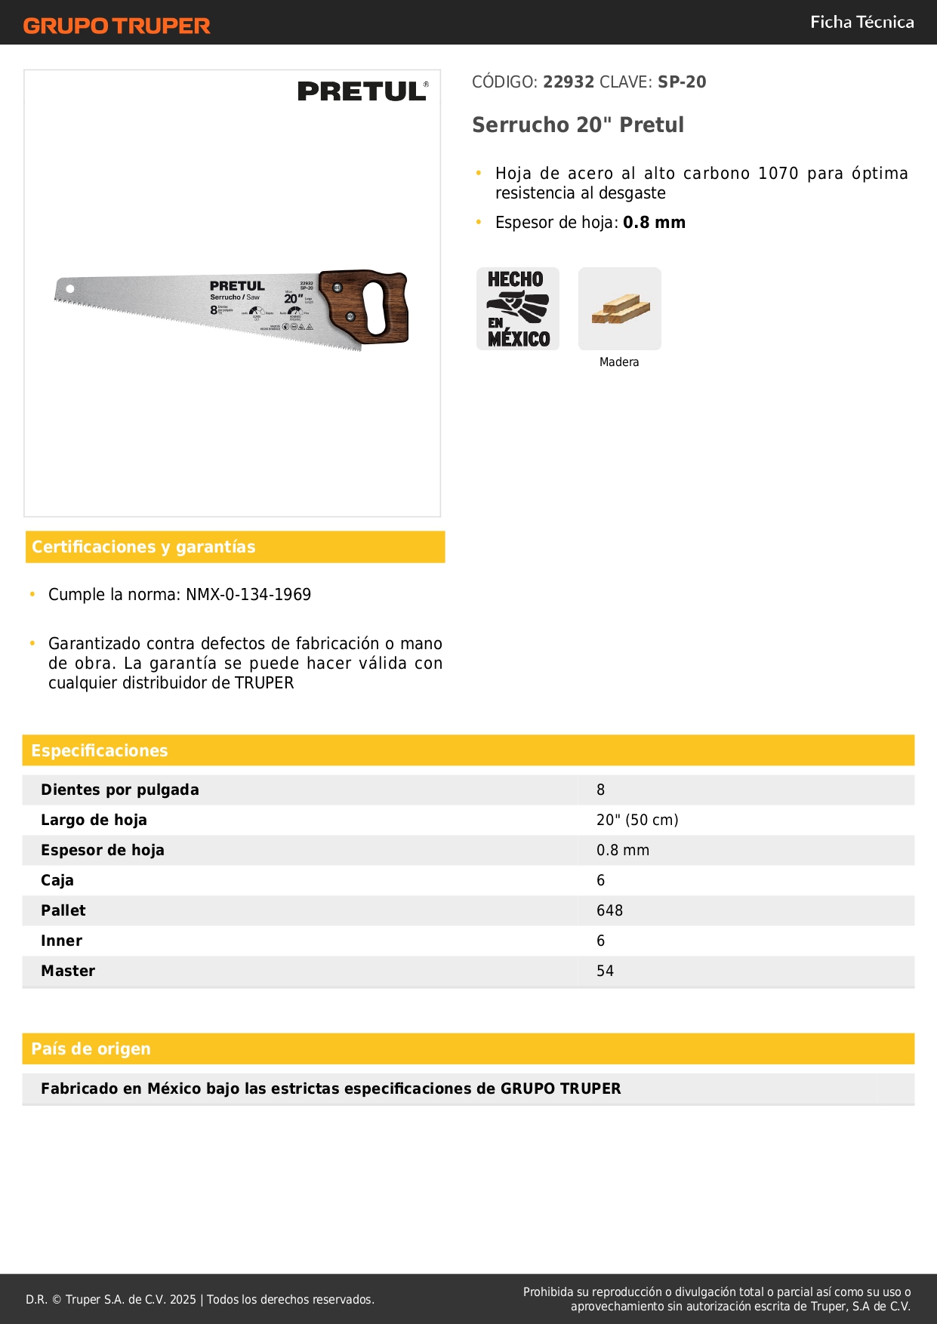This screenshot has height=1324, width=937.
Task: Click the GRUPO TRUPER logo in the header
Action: click(117, 26)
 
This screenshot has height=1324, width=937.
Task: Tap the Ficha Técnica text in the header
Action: click(861, 22)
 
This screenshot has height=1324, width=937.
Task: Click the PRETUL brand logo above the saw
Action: click(362, 91)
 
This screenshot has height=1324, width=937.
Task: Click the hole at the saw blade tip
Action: click(70, 288)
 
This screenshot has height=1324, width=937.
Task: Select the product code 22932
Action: click(569, 82)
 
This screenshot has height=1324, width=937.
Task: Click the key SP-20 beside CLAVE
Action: click(682, 82)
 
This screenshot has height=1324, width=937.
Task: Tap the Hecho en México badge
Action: click(518, 309)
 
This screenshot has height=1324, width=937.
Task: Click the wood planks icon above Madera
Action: click(620, 309)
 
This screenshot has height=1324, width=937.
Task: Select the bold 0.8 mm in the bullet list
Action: click(654, 223)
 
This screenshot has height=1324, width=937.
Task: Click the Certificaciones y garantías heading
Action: click(143, 547)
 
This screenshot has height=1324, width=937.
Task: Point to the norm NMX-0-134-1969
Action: click(248, 595)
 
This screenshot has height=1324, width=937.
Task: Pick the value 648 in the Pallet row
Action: click(609, 910)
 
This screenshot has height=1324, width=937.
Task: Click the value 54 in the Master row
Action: click(605, 971)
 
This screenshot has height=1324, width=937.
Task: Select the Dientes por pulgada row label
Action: click(120, 790)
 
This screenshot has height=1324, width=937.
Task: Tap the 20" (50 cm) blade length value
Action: click(637, 820)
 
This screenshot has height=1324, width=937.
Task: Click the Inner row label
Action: click(61, 941)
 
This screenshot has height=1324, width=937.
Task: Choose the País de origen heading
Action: click(91, 1048)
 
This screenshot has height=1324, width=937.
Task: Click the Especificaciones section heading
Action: click(99, 750)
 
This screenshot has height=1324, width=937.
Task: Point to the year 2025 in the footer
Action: click(183, 1299)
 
